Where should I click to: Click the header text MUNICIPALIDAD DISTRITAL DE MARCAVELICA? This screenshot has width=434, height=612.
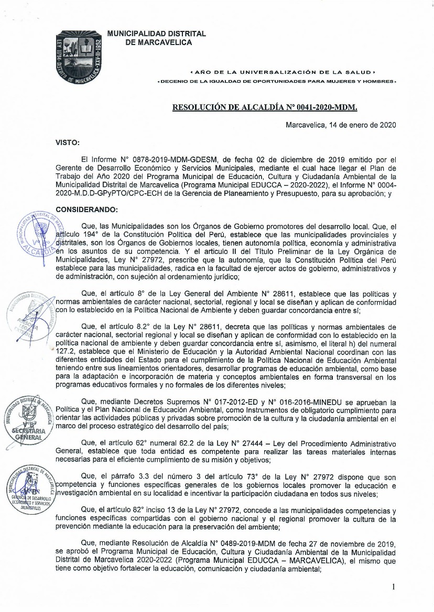tap(156, 38)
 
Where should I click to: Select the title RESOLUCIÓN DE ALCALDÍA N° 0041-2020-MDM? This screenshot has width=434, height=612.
tap(265, 107)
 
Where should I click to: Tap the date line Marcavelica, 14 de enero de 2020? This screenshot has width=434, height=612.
tap(341, 125)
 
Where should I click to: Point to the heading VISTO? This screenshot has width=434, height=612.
tap(68, 142)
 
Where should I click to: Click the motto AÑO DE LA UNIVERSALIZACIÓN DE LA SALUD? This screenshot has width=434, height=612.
tap(283, 71)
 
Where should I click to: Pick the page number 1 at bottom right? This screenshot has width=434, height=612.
tap(393, 587)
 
